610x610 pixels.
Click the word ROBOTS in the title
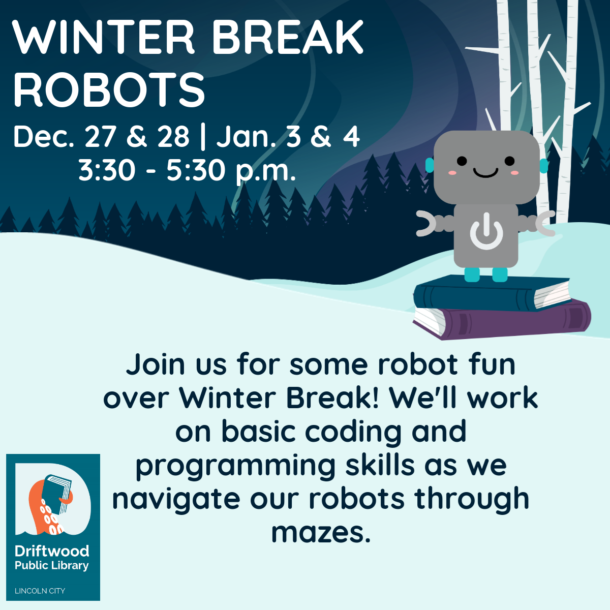pyautogui.click(x=109, y=89)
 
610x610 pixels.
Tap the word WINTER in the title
pyautogui.click(x=103, y=37)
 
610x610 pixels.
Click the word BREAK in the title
pyautogui.click(x=288, y=37)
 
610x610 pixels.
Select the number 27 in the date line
pyautogui.click(x=100, y=137)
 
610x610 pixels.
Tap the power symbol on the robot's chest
pyautogui.click(x=486, y=230)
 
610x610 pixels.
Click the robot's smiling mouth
pyautogui.click(x=485, y=173)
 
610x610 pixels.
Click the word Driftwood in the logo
pyautogui.click(x=52, y=551)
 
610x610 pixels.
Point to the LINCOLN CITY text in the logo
pyautogui.click(x=40, y=591)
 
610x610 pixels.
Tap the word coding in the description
pyautogui.click(x=353, y=432)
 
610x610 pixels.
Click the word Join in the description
pyautogui.click(x=156, y=364)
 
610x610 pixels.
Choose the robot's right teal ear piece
pyautogui.click(x=543, y=166)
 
